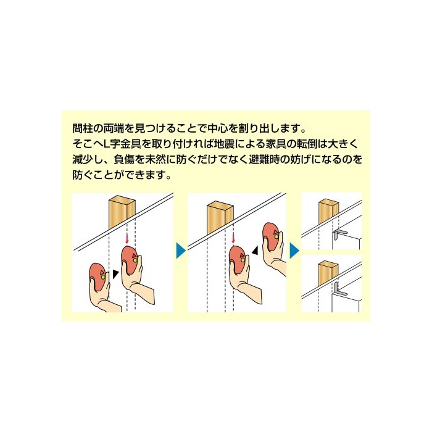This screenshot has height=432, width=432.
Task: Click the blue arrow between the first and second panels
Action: (x=180, y=250)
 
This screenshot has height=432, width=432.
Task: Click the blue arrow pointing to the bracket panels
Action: (x=294, y=250)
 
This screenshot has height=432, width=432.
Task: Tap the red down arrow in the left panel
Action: (x=127, y=239)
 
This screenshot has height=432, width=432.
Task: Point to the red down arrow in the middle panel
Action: (x=233, y=239)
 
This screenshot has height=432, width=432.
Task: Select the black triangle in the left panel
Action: (x=116, y=274)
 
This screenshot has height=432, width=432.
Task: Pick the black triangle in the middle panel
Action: (x=255, y=250)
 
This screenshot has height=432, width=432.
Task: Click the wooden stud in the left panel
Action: (x=122, y=212)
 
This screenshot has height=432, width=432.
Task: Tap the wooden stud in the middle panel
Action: (x=220, y=218)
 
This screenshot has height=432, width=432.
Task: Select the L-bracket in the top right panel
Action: (x=339, y=235)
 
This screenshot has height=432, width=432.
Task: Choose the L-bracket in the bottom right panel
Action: (x=339, y=290)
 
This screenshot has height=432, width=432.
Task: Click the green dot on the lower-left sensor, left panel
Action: (x=103, y=277)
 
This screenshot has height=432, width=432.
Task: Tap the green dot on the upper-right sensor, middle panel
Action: (x=276, y=236)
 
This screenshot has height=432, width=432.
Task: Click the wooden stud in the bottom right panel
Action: (x=328, y=273)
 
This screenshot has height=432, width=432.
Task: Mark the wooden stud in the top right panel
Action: (x=328, y=211)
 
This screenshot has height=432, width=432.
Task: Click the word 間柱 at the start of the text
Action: (x=80, y=128)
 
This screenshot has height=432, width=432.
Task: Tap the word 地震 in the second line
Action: (x=223, y=144)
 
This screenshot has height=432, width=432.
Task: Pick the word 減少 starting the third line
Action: (x=80, y=159)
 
